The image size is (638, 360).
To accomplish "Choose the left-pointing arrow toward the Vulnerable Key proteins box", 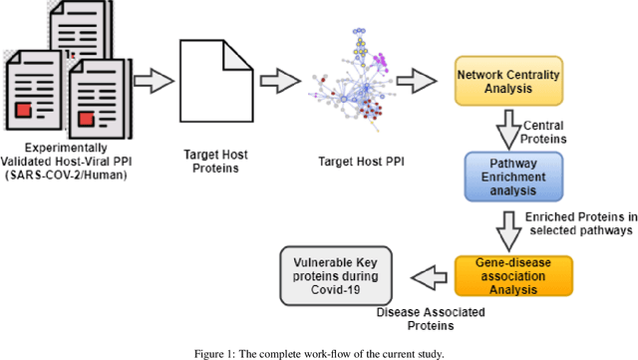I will [x=425, y=274].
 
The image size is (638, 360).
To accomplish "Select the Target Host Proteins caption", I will [x=215, y=162].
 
